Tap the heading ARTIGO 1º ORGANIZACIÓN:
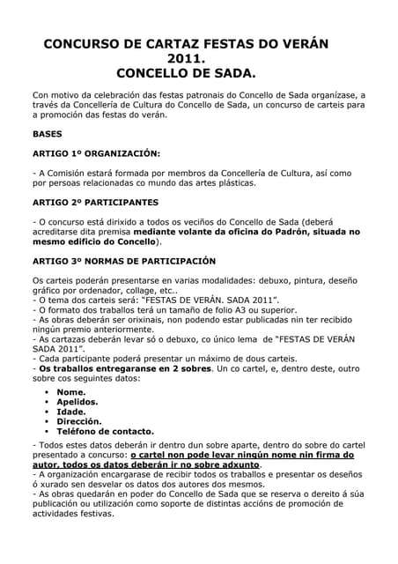point(97,153)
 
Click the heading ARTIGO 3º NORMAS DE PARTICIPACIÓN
point(122,261)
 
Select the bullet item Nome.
point(71,392)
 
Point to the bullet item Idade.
point(71,412)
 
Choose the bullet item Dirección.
point(80,421)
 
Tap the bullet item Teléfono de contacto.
point(105,432)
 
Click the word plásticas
point(233,183)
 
